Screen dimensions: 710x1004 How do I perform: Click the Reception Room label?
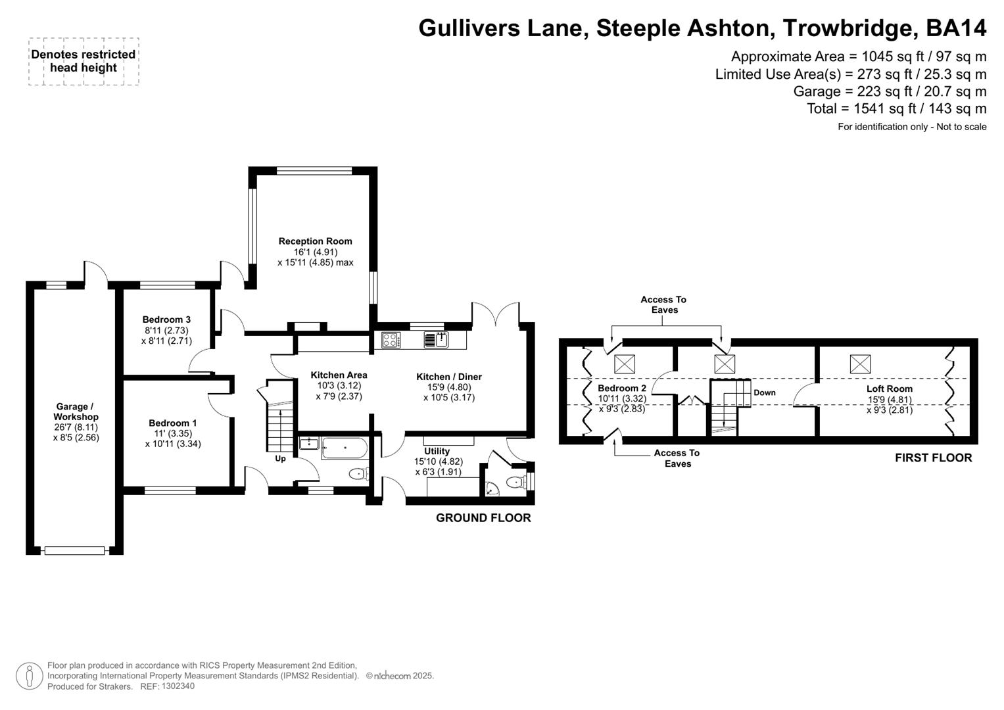(315, 241)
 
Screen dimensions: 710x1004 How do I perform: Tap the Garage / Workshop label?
(76, 412)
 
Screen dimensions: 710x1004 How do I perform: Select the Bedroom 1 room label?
(172, 423)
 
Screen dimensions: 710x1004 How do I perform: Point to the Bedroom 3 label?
(166, 319)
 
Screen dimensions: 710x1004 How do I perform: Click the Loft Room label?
(889, 389)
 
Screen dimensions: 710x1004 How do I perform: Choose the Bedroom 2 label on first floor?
(621, 388)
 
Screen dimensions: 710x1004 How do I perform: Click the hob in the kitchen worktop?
(390, 340)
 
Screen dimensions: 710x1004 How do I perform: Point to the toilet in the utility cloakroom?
(517, 483)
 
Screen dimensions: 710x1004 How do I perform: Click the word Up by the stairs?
(280, 458)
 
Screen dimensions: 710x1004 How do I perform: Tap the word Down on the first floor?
(764, 392)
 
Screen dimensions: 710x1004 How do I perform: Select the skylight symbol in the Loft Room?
(860, 364)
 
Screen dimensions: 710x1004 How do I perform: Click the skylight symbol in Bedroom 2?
(625, 364)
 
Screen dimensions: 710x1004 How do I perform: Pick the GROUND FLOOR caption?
(483, 518)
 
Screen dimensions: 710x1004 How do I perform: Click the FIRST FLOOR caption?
(933, 458)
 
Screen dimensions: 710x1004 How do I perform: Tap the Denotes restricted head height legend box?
(84, 61)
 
